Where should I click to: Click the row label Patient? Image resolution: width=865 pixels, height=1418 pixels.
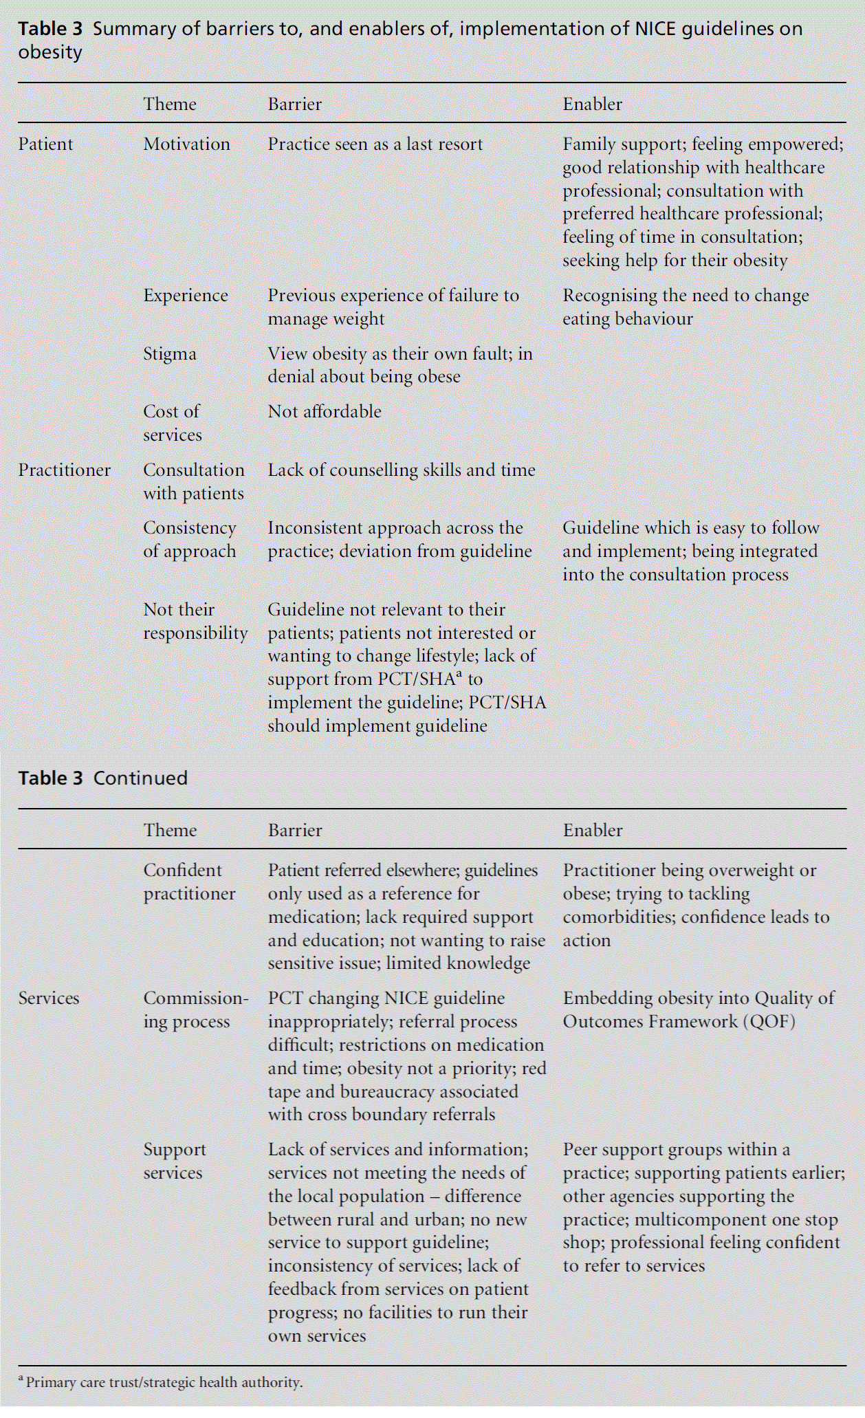pos(45,144)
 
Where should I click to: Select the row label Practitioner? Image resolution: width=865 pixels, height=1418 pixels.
pos(64,470)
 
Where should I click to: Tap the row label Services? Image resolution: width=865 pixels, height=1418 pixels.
pos(49,999)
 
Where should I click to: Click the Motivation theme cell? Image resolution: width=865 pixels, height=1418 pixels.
pos(186,144)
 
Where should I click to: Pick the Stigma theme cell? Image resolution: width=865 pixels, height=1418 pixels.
pos(170,354)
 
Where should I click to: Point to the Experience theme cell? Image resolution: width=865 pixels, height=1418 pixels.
pos(185,296)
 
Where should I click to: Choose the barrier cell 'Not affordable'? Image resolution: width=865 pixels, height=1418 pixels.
pos(325,412)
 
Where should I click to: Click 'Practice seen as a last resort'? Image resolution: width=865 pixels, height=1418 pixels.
pos(375,144)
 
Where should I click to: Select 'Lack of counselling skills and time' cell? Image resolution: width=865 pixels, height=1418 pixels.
pos(401,470)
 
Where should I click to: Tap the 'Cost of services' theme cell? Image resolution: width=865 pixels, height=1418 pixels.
pos(172,424)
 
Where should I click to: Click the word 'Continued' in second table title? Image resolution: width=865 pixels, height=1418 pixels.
pos(140,778)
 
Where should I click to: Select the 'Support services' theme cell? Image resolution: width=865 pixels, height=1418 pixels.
pos(174,1161)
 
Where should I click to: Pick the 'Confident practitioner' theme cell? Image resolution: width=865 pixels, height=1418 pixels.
pos(189,882)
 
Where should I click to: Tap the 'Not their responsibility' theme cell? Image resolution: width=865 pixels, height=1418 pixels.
pos(195,622)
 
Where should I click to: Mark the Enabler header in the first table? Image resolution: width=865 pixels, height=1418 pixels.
pos(592,105)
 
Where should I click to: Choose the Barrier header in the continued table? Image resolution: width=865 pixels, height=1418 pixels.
pos(295,831)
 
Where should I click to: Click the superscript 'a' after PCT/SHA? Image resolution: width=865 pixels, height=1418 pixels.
pos(459,675)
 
